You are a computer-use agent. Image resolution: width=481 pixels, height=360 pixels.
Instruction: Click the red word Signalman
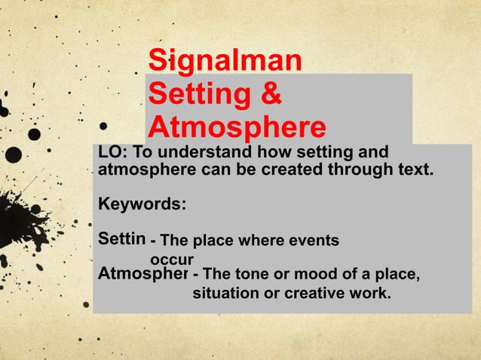pyautogui.click(x=225, y=61)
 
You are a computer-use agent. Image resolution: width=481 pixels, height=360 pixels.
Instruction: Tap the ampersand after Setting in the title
pyautogui.click(x=271, y=93)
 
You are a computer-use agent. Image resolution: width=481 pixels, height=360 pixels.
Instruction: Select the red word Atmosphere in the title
pyautogui.click(x=237, y=126)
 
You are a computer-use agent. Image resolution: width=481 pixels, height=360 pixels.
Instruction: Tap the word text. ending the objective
pyautogui.click(x=414, y=169)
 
